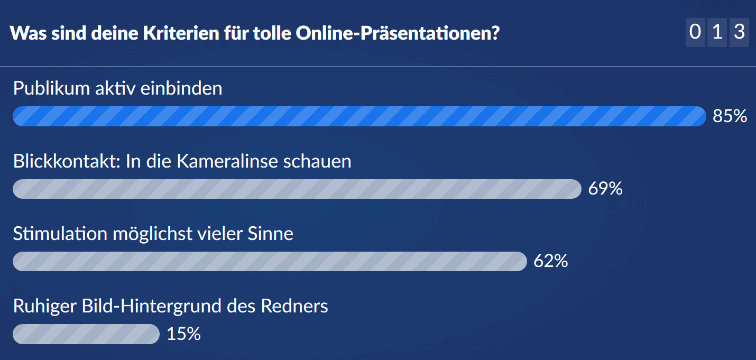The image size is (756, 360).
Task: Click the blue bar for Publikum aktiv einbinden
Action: point(359,116)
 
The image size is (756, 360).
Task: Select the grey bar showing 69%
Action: point(297,189)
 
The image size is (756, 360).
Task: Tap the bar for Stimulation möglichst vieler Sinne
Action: point(270,261)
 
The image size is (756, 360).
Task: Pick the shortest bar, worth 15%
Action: point(86,334)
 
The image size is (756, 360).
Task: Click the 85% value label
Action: point(730,116)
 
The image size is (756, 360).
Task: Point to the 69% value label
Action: point(605,189)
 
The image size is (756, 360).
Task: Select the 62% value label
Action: point(551,261)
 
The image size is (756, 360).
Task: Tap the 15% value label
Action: point(183,334)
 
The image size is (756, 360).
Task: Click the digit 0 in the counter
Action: point(695,33)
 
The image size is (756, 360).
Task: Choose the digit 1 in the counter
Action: point(717,33)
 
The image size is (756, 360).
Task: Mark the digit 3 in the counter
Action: point(739,33)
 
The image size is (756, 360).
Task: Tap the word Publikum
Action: point(52,88)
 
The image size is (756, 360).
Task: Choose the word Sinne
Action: point(270,234)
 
